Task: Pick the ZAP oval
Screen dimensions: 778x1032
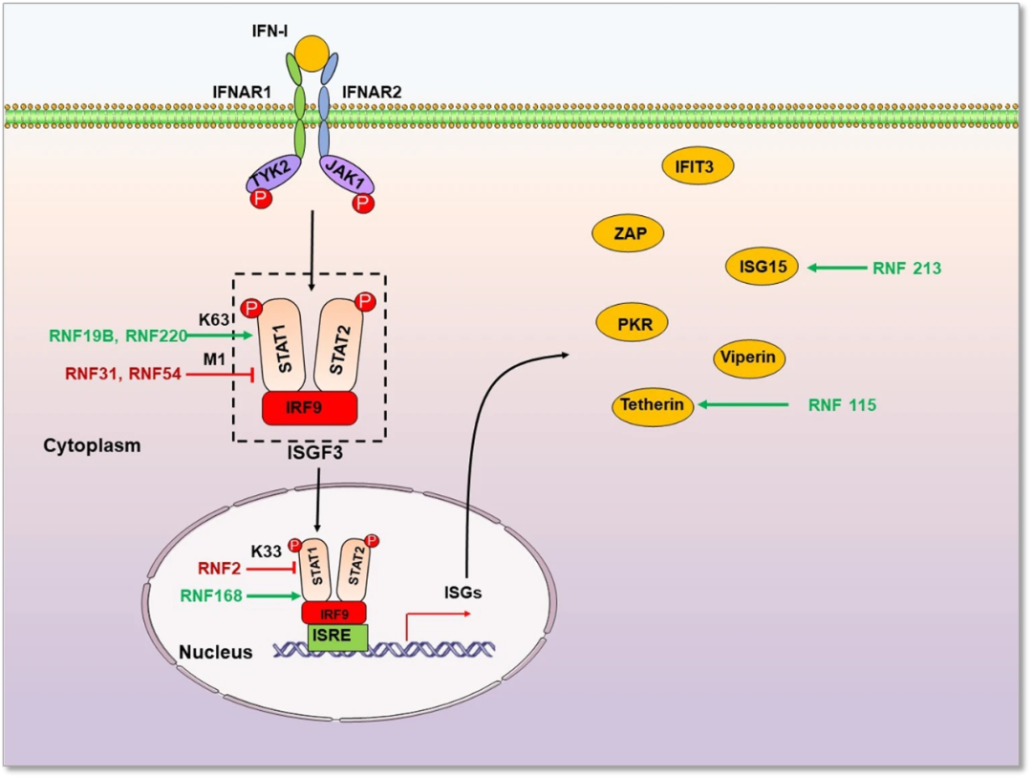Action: click(627, 232)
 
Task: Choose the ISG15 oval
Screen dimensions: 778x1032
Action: click(762, 268)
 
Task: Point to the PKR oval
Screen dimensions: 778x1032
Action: click(632, 324)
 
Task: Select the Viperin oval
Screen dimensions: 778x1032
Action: click(749, 358)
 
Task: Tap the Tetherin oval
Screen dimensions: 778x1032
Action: click(652, 405)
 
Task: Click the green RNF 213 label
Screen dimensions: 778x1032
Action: click(906, 269)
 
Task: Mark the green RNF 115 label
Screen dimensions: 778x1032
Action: click(842, 405)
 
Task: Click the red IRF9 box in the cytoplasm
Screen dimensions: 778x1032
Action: click(310, 408)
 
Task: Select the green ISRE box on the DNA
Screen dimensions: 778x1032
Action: click(336, 638)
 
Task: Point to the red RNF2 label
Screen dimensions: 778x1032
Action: click(221, 569)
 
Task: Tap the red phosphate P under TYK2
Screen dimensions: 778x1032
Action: click(260, 200)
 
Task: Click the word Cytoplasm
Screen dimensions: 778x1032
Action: click(92, 445)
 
